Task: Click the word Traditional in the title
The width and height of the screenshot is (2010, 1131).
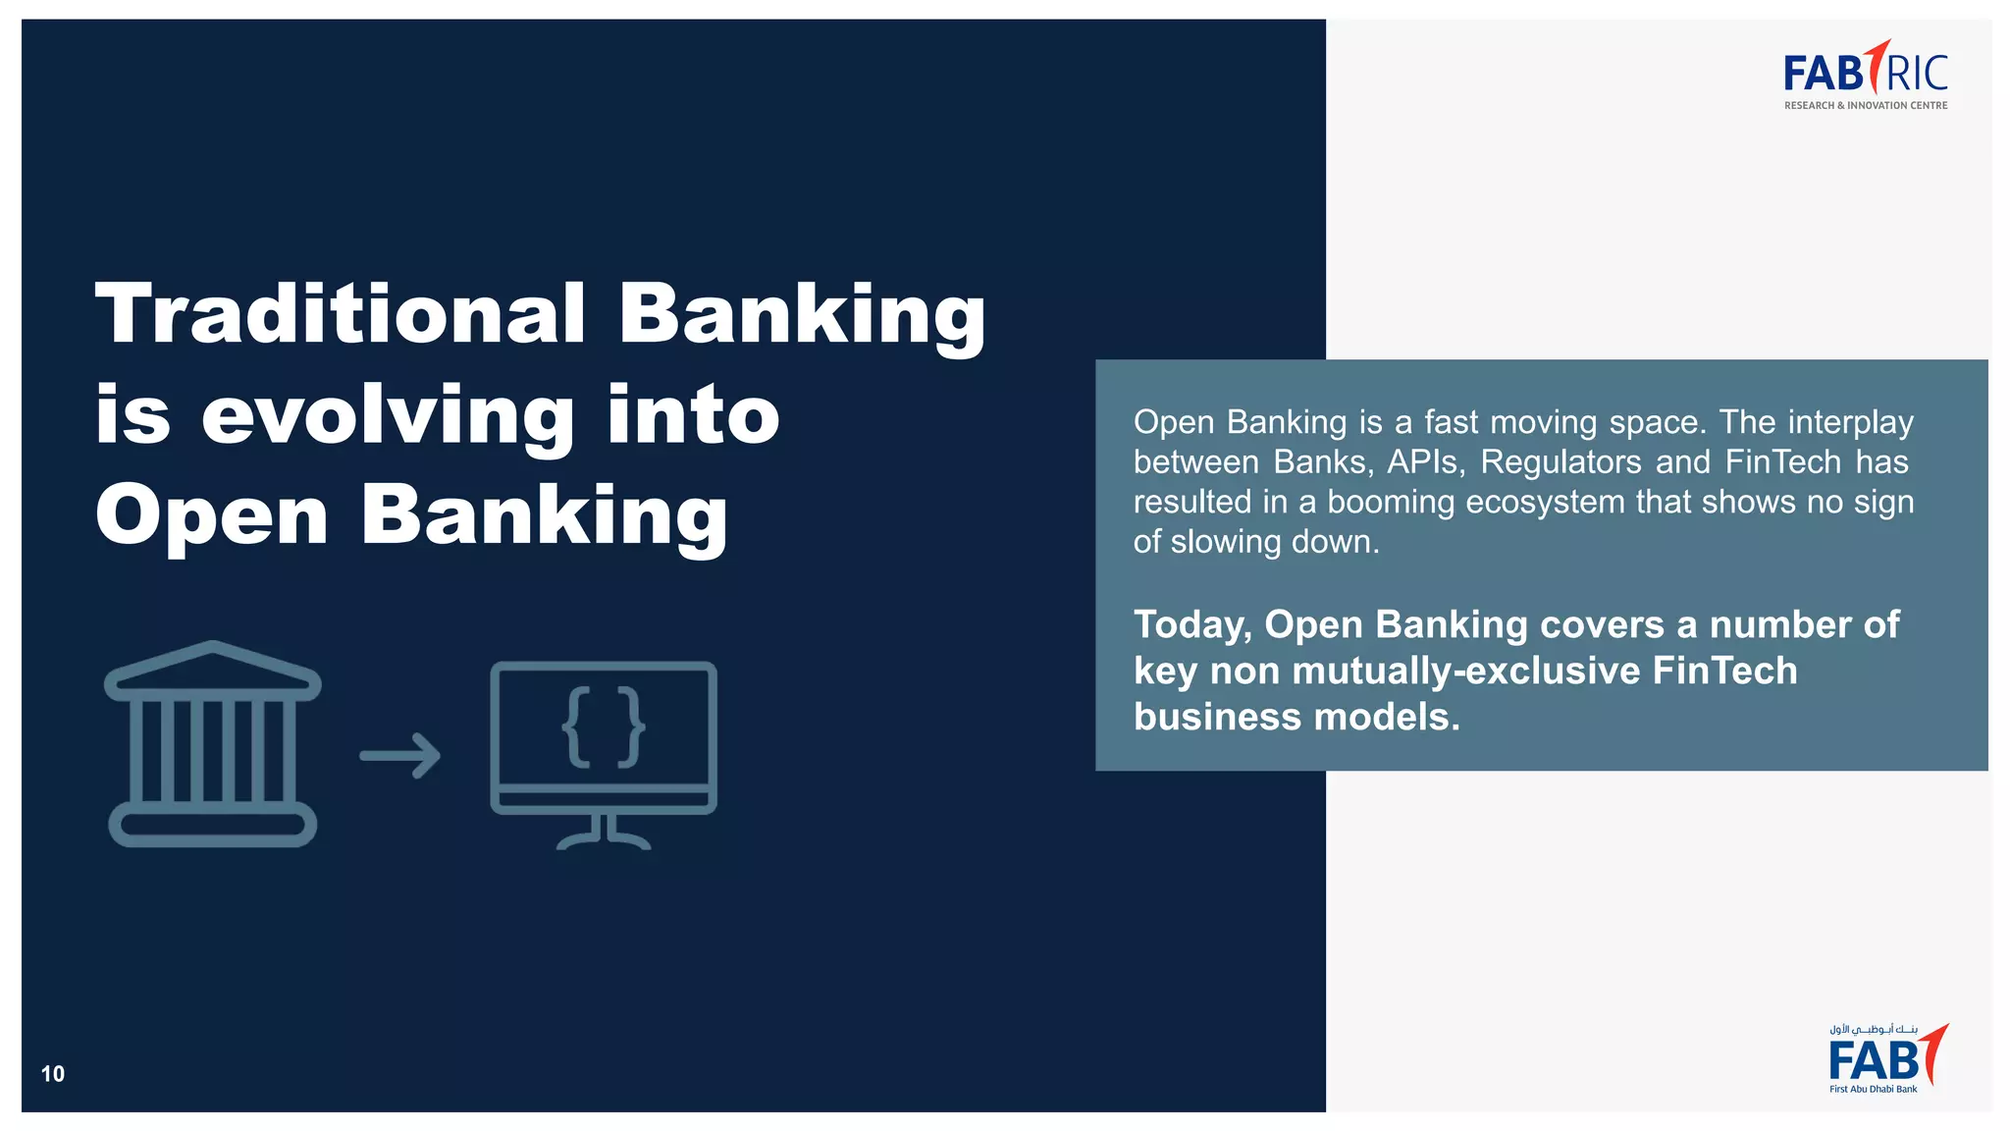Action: [x=341, y=314]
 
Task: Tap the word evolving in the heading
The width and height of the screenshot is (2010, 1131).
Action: [x=388, y=416]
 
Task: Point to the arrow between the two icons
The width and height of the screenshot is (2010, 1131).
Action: [x=400, y=756]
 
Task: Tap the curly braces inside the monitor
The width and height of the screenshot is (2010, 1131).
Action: [x=604, y=727]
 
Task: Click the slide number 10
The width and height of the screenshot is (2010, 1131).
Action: [x=53, y=1074]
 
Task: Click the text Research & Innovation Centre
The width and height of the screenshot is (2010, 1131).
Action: [x=1865, y=106]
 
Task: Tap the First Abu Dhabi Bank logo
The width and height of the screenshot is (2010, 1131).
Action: [x=1886, y=1058]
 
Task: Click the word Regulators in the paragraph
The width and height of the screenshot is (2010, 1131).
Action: [x=1560, y=462]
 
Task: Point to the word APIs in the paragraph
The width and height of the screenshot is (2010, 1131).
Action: [x=1425, y=462]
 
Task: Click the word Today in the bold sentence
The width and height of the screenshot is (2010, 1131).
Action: [x=1191, y=625]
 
